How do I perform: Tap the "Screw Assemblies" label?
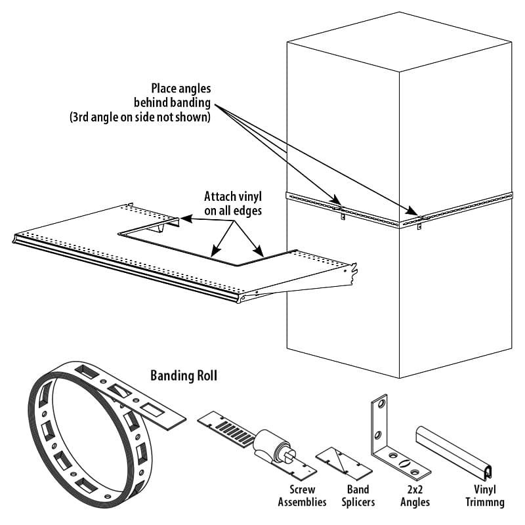tap(306, 495)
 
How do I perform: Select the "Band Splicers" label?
tap(359, 495)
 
